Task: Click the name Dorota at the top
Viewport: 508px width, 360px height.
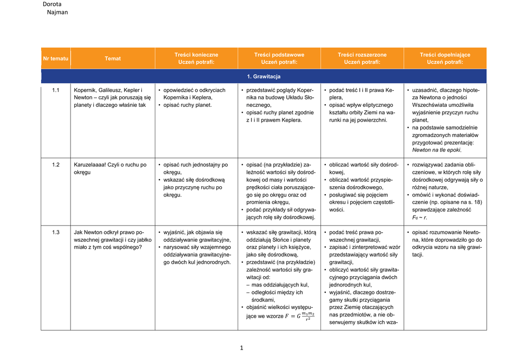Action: click(x=52, y=4)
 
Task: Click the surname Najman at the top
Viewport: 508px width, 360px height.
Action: click(x=57, y=12)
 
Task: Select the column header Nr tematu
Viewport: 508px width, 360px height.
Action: click(x=56, y=59)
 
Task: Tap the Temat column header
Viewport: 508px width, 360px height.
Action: click(x=113, y=59)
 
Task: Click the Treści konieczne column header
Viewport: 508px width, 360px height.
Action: click(x=196, y=58)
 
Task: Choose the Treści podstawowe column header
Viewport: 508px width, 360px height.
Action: click(x=279, y=58)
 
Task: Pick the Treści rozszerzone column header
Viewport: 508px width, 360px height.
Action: click(x=362, y=58)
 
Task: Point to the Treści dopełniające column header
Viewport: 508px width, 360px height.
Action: click(x=445, y=58)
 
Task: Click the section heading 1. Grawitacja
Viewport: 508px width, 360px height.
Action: click(x=263, y=76)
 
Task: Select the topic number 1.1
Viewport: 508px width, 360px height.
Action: click(x=56, y=90)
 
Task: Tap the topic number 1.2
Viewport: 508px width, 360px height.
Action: click(x=56, y=165)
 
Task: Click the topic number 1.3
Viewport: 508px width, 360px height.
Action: click(x=56, y=232)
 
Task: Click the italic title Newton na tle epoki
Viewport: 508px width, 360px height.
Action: click(x=437, y=150)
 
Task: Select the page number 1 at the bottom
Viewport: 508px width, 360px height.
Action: click(x=241, y=348)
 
